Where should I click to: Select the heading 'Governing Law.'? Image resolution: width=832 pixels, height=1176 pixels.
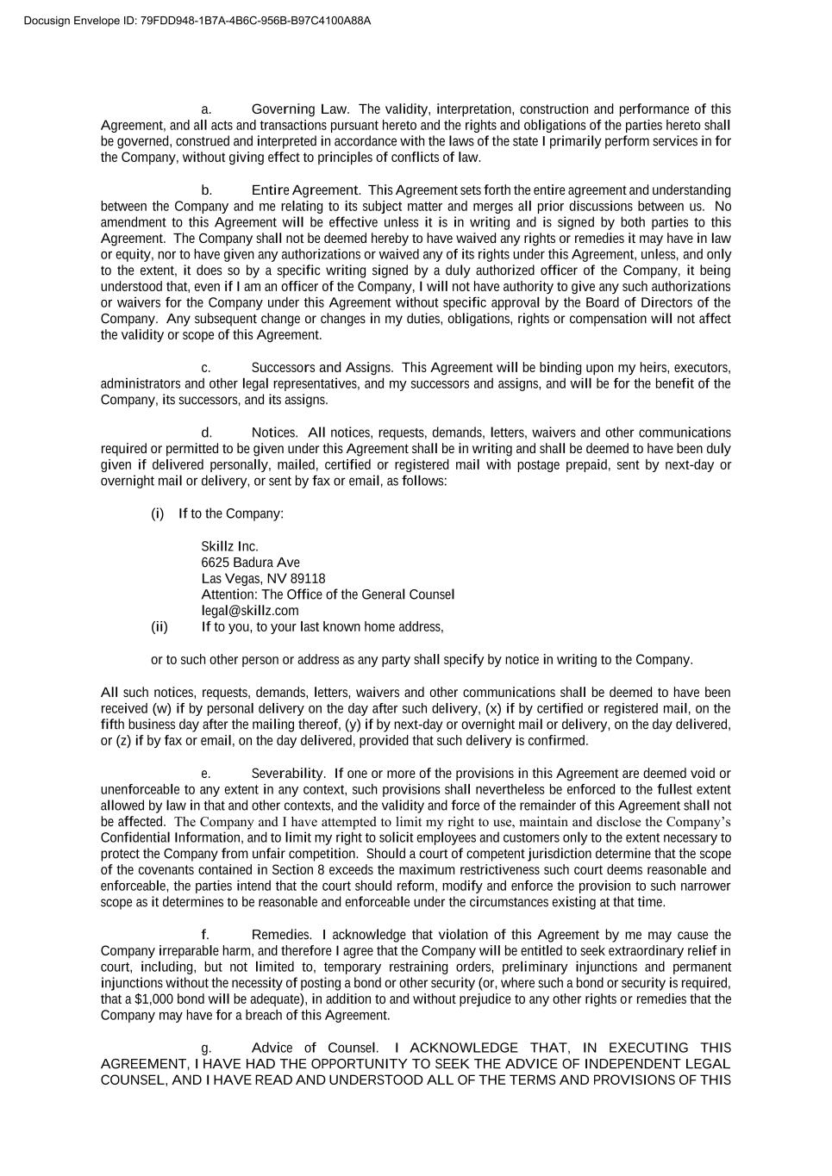pyautogui.click(x=300, y=109)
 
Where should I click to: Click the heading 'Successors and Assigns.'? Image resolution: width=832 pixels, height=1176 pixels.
pyautogui.click(x=322, y=367)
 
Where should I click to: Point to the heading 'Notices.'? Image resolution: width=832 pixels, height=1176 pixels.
pyautogui.click(x=275, y=432)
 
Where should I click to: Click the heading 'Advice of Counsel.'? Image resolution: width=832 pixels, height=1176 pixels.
pyautogui.click(x=315, y=1048)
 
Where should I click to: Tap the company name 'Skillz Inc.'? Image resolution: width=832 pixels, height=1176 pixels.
pyautogui.click(x=229, y=546)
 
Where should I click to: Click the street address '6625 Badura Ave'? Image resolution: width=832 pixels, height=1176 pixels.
pyautogui.click(x=250, y=563)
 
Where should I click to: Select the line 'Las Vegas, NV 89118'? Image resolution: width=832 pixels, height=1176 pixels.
pyautogui.click(x=263, y=578)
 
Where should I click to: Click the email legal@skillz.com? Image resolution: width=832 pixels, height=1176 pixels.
pyautogui.click(x=250, y=611)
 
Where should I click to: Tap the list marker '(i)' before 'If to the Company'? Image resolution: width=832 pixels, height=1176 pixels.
pyautogui.click(x=157, y=513)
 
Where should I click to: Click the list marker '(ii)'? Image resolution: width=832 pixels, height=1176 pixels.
pyautogui.click(x=160, y=626)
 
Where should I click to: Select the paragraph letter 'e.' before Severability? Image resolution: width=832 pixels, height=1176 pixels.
pyautogui.click(x=206, y=774)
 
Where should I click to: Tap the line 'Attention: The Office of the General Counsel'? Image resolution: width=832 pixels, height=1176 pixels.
pyautogui.click(x=328, y=594)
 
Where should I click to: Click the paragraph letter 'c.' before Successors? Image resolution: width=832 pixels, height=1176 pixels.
pyautogui.click(x=206, y=368)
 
